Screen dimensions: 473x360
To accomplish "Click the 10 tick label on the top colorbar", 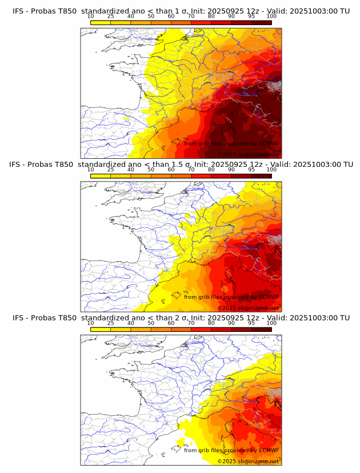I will point(90,16).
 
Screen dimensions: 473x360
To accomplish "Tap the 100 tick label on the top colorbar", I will point(271,16).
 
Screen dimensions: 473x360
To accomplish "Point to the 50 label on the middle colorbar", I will point(151,170).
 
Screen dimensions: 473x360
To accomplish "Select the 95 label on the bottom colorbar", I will point(251,323).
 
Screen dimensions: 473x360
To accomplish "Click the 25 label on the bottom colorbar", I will point(110,323).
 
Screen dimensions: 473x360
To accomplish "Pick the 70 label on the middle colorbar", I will point(191,170).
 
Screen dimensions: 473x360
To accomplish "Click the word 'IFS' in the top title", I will point(19,11).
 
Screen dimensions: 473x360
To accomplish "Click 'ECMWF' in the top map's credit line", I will point(269,143).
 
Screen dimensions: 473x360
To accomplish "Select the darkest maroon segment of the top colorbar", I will point(261,22).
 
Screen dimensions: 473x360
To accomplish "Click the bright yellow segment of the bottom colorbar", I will point(101,330).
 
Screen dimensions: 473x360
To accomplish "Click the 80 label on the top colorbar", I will point(211,16).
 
